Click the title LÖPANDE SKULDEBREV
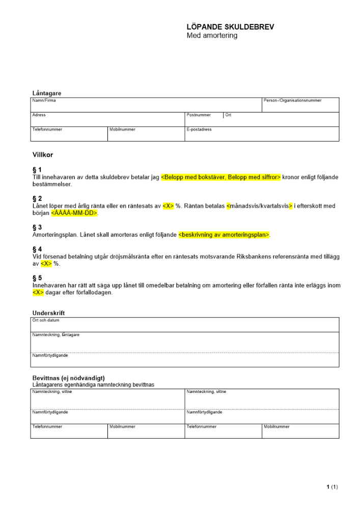[x=230, y=27]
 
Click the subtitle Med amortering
[x=212, y=36]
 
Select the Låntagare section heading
[x=47, y=93]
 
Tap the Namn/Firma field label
[x=44, y=101]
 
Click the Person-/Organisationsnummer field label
[x=293, y=101]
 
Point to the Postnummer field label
[x=199, y=116]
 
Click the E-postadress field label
[x=199, y=130]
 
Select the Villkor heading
[x=43, y=154]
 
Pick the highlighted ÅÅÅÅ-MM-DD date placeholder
[x=74, y=213]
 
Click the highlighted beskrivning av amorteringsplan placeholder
[x=224, y=235]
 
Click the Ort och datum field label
[x=46, y=321]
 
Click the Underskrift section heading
[x=48, y=313]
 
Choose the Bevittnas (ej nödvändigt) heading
[x=68, y=378]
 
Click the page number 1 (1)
[x=332, y=487]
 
